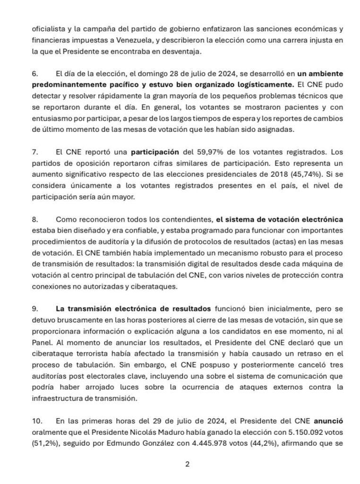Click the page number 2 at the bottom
(187, 464)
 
